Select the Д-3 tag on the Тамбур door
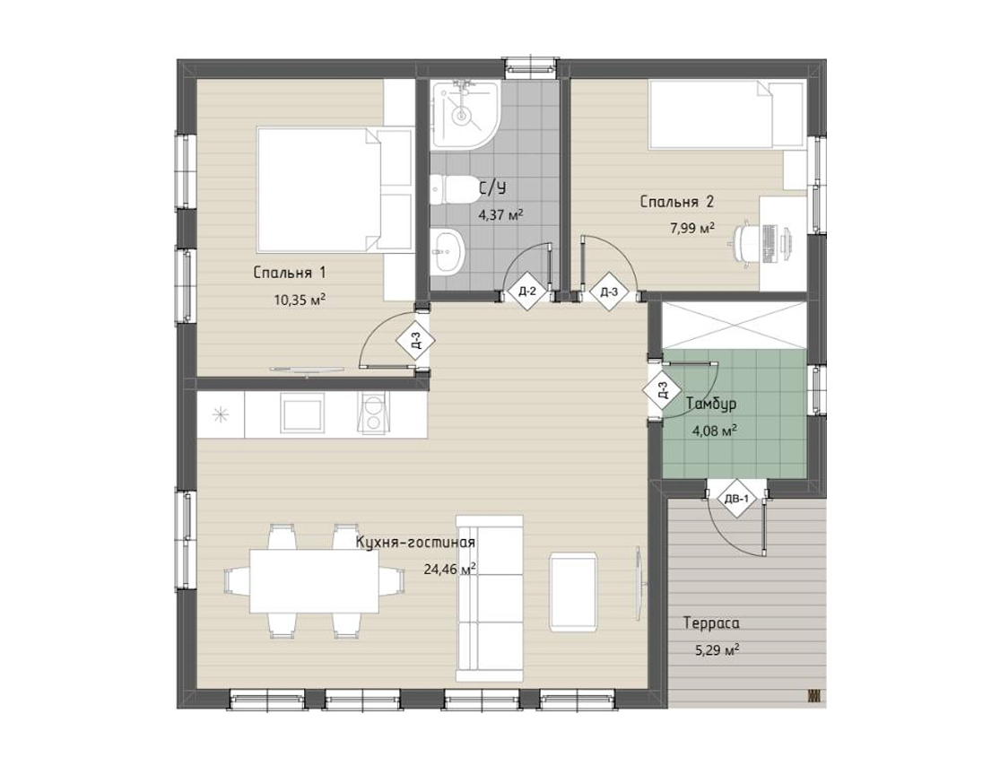pos(663,390)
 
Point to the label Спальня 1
pos(290,273)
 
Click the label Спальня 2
pos(676,202)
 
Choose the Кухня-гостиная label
pos(415,543)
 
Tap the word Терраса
pos(712,623)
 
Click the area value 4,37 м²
pos(500,215)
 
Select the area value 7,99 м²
pos(692,229)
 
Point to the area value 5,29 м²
pos(717,650)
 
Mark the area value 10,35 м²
pos(300,300)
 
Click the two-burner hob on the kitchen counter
pos(372,413)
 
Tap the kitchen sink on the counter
pos(302,413)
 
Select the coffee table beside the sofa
pos(573,592)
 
